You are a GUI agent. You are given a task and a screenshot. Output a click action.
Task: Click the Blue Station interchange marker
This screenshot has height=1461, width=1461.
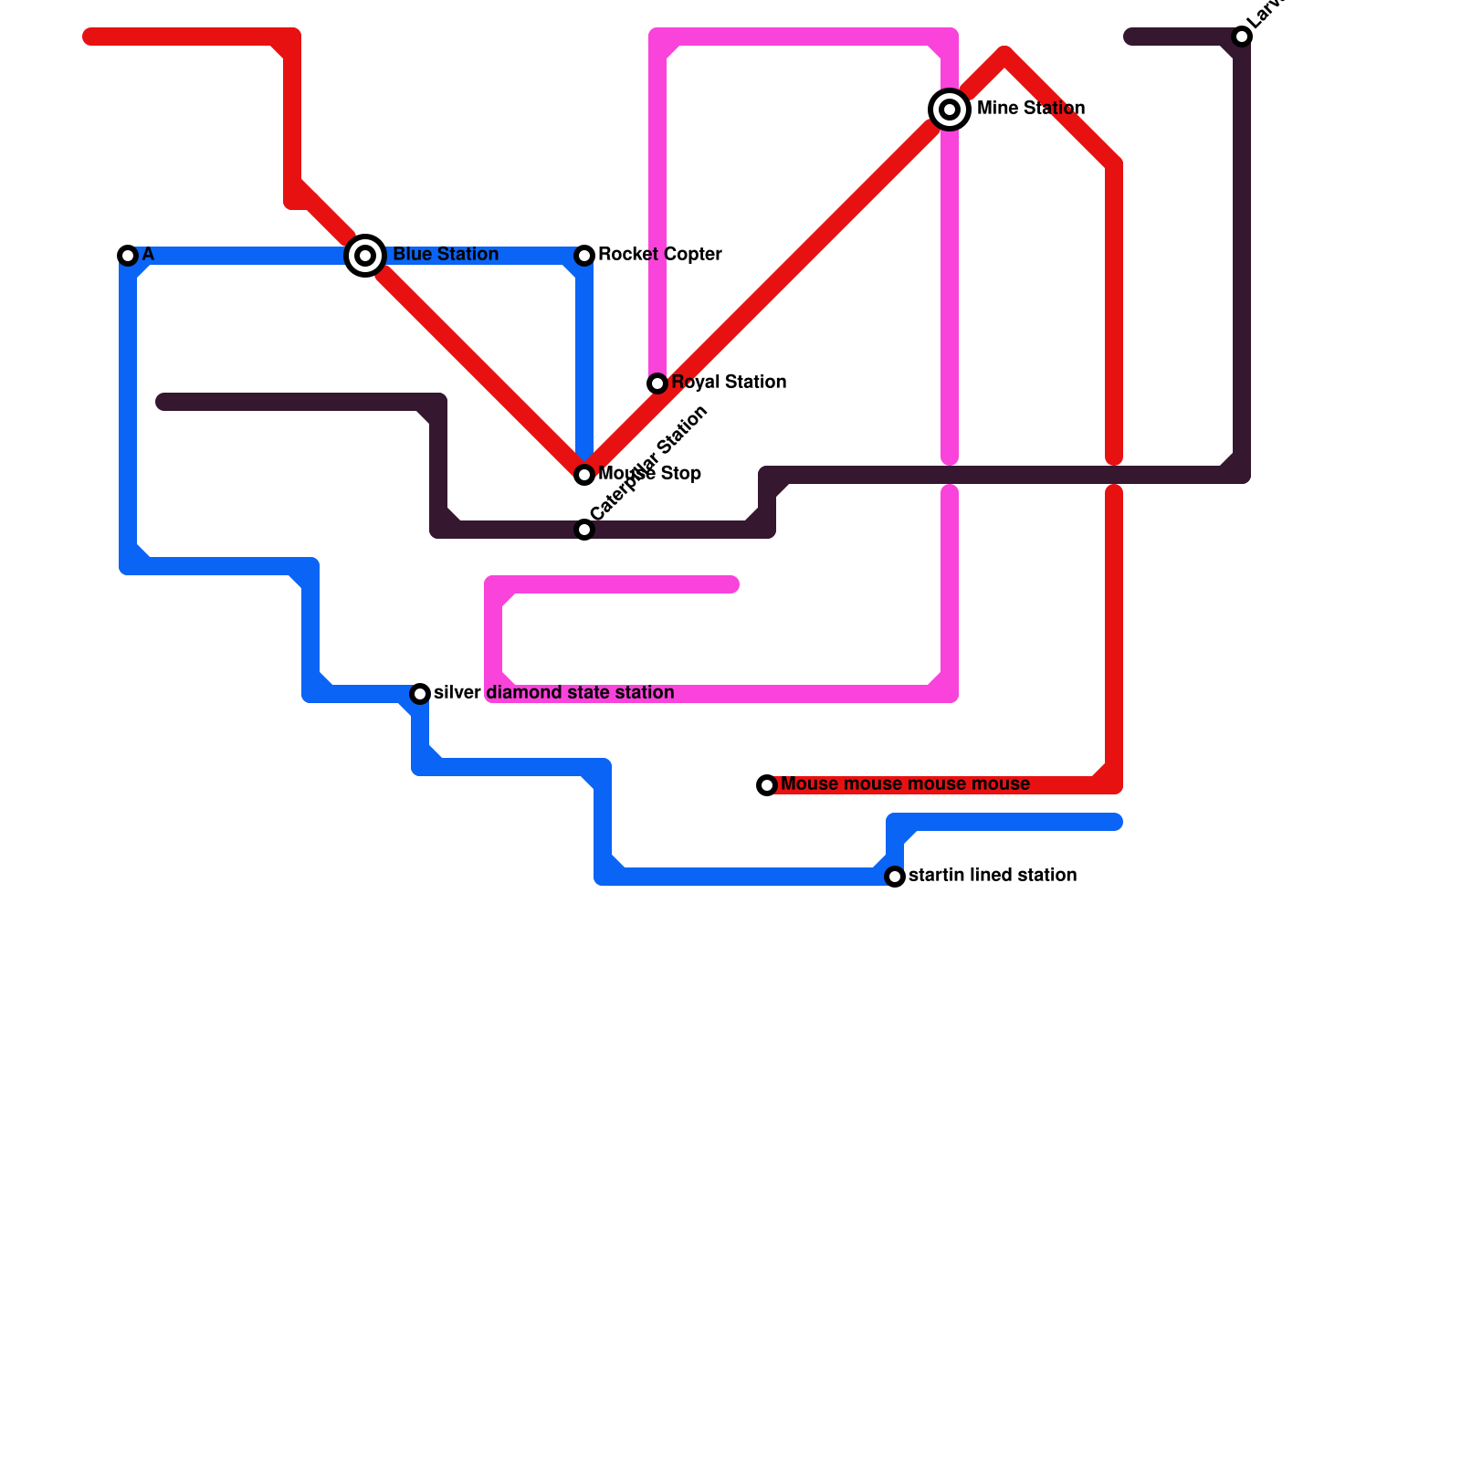pyautogui.click(x=365, y=256)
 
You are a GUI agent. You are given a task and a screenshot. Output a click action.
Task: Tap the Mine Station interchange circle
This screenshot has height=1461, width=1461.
pyautogui.click(x=950, y=110)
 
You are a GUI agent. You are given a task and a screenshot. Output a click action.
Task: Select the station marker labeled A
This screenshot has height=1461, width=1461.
pyautogui.click(x=128, y=256)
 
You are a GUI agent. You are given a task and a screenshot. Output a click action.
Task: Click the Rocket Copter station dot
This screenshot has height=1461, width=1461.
pyautogui.click(x=584, y=256)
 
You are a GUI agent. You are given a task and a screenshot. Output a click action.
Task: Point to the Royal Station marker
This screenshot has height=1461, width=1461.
pyautogui.click(x=657, y=384)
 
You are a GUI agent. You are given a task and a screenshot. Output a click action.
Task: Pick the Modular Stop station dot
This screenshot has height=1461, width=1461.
pyautogui.click(x=584, y=475)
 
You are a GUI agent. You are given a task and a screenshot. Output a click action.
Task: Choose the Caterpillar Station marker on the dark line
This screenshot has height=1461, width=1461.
pyautogui.click(x=584, y=530)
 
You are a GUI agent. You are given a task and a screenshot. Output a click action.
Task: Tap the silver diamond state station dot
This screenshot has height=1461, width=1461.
pyautogui.click(x=420, y=694)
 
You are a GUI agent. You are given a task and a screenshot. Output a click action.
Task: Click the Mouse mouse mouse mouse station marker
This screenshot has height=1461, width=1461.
pyautogui.click(x=767, y=785)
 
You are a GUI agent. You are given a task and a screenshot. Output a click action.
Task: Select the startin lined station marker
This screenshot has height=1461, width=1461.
pyautogui.click(x=895, y=877)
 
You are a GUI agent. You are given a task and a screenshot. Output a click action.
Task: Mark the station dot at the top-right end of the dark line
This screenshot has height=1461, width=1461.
pyautogui.click(x=1242, y=37)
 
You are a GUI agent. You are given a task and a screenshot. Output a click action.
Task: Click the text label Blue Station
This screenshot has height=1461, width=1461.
pyautogui.click(x=446, y=255)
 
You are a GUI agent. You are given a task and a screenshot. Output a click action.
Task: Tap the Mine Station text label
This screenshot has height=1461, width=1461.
pyautogui.click(x=1030, y=109)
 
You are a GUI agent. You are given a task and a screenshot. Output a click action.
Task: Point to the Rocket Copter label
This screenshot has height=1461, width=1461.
pyautogui.click(x=659, y=255)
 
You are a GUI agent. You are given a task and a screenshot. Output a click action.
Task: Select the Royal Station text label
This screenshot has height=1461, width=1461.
pyautogui.click(x=729, y=383)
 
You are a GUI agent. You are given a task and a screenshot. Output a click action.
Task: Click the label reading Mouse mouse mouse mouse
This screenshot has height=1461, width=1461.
pyautogui.click(x=905, y=784)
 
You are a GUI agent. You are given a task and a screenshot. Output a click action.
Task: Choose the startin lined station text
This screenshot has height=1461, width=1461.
pyautogui.click(x=992, y=876)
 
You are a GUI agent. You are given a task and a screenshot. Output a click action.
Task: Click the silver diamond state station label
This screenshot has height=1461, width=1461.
pyautogui.click(x=553, y=693)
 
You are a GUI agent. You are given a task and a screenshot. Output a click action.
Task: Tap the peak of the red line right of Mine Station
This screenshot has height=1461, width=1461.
pyautogui.click(x=1004, y=55)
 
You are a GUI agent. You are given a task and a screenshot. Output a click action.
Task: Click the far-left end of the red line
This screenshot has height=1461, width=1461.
pyautogui.click(x=89, y=37)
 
